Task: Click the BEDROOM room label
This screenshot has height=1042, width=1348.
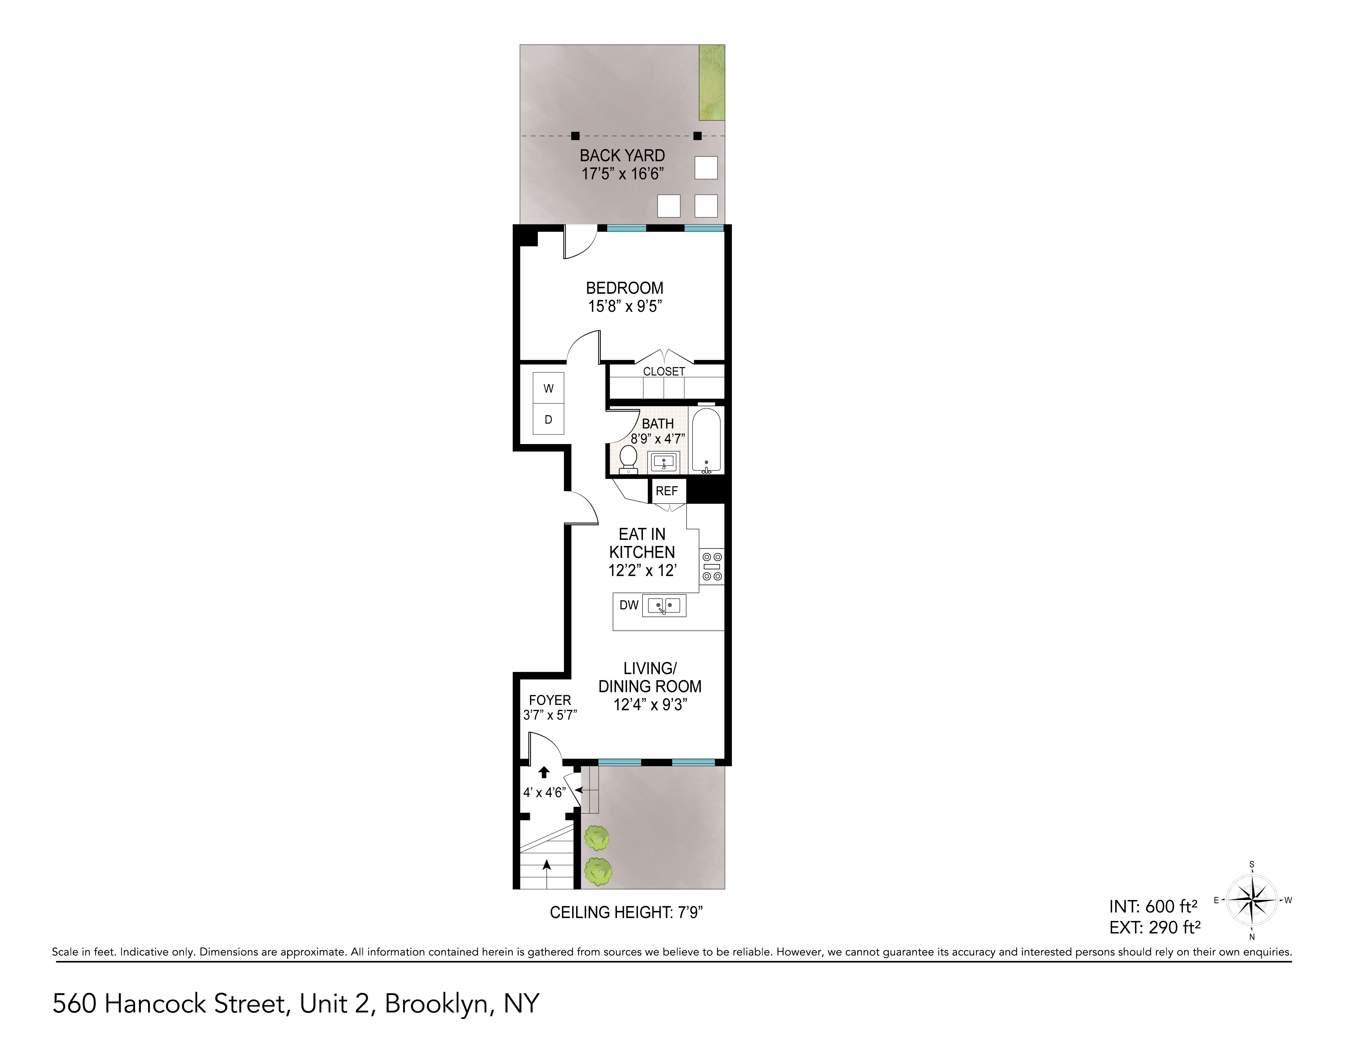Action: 624,288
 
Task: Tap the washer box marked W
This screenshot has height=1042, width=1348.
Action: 548,388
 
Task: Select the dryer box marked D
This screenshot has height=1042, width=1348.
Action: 548,420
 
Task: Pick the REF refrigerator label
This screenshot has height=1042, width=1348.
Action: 666,491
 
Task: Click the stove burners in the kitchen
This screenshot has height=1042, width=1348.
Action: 712,567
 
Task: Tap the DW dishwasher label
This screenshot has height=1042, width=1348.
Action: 628,606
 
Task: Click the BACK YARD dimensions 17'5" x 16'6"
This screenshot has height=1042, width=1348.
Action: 622,174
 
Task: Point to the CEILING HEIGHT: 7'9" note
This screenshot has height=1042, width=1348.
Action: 626,912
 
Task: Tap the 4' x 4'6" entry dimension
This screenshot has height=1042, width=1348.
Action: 544,793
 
